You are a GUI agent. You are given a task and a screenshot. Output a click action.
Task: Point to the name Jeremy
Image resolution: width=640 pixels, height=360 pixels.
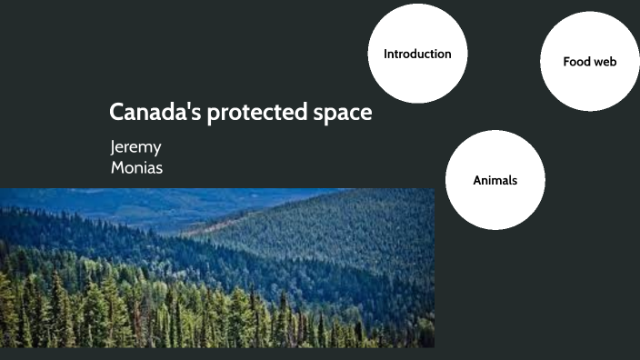[135, 148]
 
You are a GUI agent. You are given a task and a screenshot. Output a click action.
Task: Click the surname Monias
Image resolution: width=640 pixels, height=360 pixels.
[136, 167]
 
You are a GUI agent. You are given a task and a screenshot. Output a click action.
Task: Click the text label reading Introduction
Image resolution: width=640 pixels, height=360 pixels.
[417, 55]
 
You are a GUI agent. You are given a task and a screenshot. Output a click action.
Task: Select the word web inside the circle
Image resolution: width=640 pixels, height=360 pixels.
[605, 62]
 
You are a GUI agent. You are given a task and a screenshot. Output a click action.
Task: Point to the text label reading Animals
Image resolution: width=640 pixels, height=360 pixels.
[495, 180]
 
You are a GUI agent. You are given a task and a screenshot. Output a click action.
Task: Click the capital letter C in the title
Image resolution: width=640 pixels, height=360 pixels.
[117, 114]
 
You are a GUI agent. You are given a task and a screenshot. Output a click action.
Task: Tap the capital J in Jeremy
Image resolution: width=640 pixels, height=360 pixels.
[113, 148]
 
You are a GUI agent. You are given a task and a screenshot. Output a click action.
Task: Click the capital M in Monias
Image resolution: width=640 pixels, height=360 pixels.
[116, 167]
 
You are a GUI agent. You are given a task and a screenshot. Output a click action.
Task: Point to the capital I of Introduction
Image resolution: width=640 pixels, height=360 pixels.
[385, 55]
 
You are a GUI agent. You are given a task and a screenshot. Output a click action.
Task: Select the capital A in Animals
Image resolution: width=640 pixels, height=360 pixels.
[477, 180]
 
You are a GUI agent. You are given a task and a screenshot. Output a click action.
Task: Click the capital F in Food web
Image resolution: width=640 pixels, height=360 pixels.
[566, 62]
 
